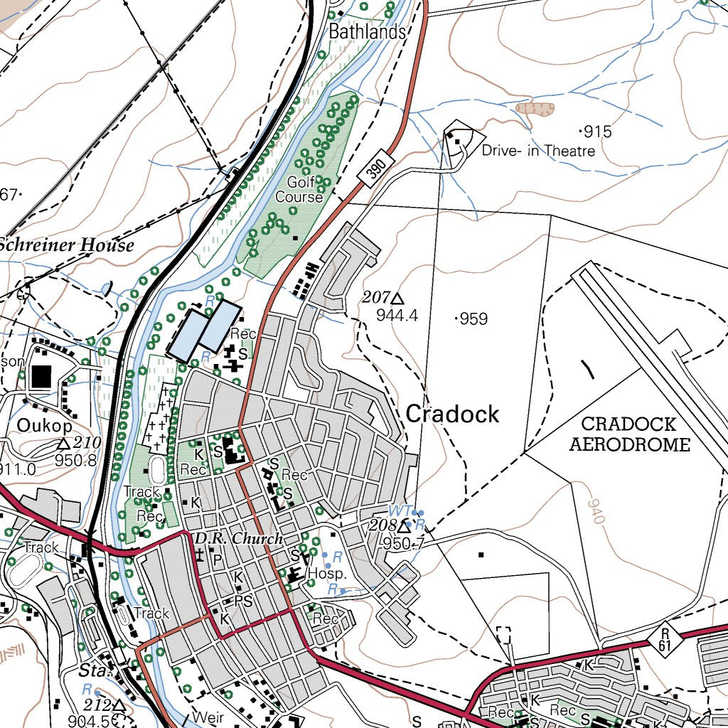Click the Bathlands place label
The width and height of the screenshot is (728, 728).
[367, 32]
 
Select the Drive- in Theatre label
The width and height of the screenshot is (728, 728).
[538, 151]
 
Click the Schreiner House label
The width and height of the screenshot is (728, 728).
[65, 246]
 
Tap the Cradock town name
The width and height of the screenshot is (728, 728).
[453, 414]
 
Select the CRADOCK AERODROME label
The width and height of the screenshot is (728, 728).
[629, 434]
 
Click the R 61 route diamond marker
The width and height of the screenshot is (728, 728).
[665, 638]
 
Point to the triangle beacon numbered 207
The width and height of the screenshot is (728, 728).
[397, 298]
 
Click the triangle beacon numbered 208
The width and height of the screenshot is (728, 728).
[404, 528]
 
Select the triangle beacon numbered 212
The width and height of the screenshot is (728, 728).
[118, 705]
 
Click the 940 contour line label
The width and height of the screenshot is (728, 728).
[596, 511]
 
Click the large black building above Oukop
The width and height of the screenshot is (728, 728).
[41, 376]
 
